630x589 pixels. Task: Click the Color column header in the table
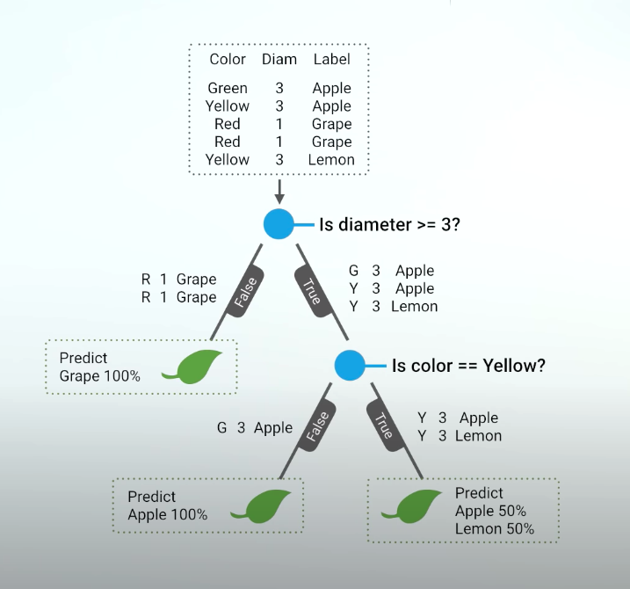(x=228, y=60)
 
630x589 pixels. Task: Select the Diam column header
(x=279, y=60)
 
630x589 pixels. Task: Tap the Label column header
(x=331, y=60)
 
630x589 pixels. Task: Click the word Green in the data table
(x=228, y=88)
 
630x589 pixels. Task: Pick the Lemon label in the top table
(x=331, y=160)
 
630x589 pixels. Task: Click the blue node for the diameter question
(x=279, y=224)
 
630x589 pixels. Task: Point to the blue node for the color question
(x=350, y=364)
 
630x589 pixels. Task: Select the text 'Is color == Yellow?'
(x=468, y=365)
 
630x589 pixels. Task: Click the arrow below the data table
(x=279, y=192)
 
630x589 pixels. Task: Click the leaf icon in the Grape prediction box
(x=199, y=367)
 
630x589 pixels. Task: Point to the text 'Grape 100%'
(x=99, y=376)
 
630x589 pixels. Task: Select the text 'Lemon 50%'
(x=494, y=529)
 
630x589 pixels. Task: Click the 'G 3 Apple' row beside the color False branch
(x=255, y=428)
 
